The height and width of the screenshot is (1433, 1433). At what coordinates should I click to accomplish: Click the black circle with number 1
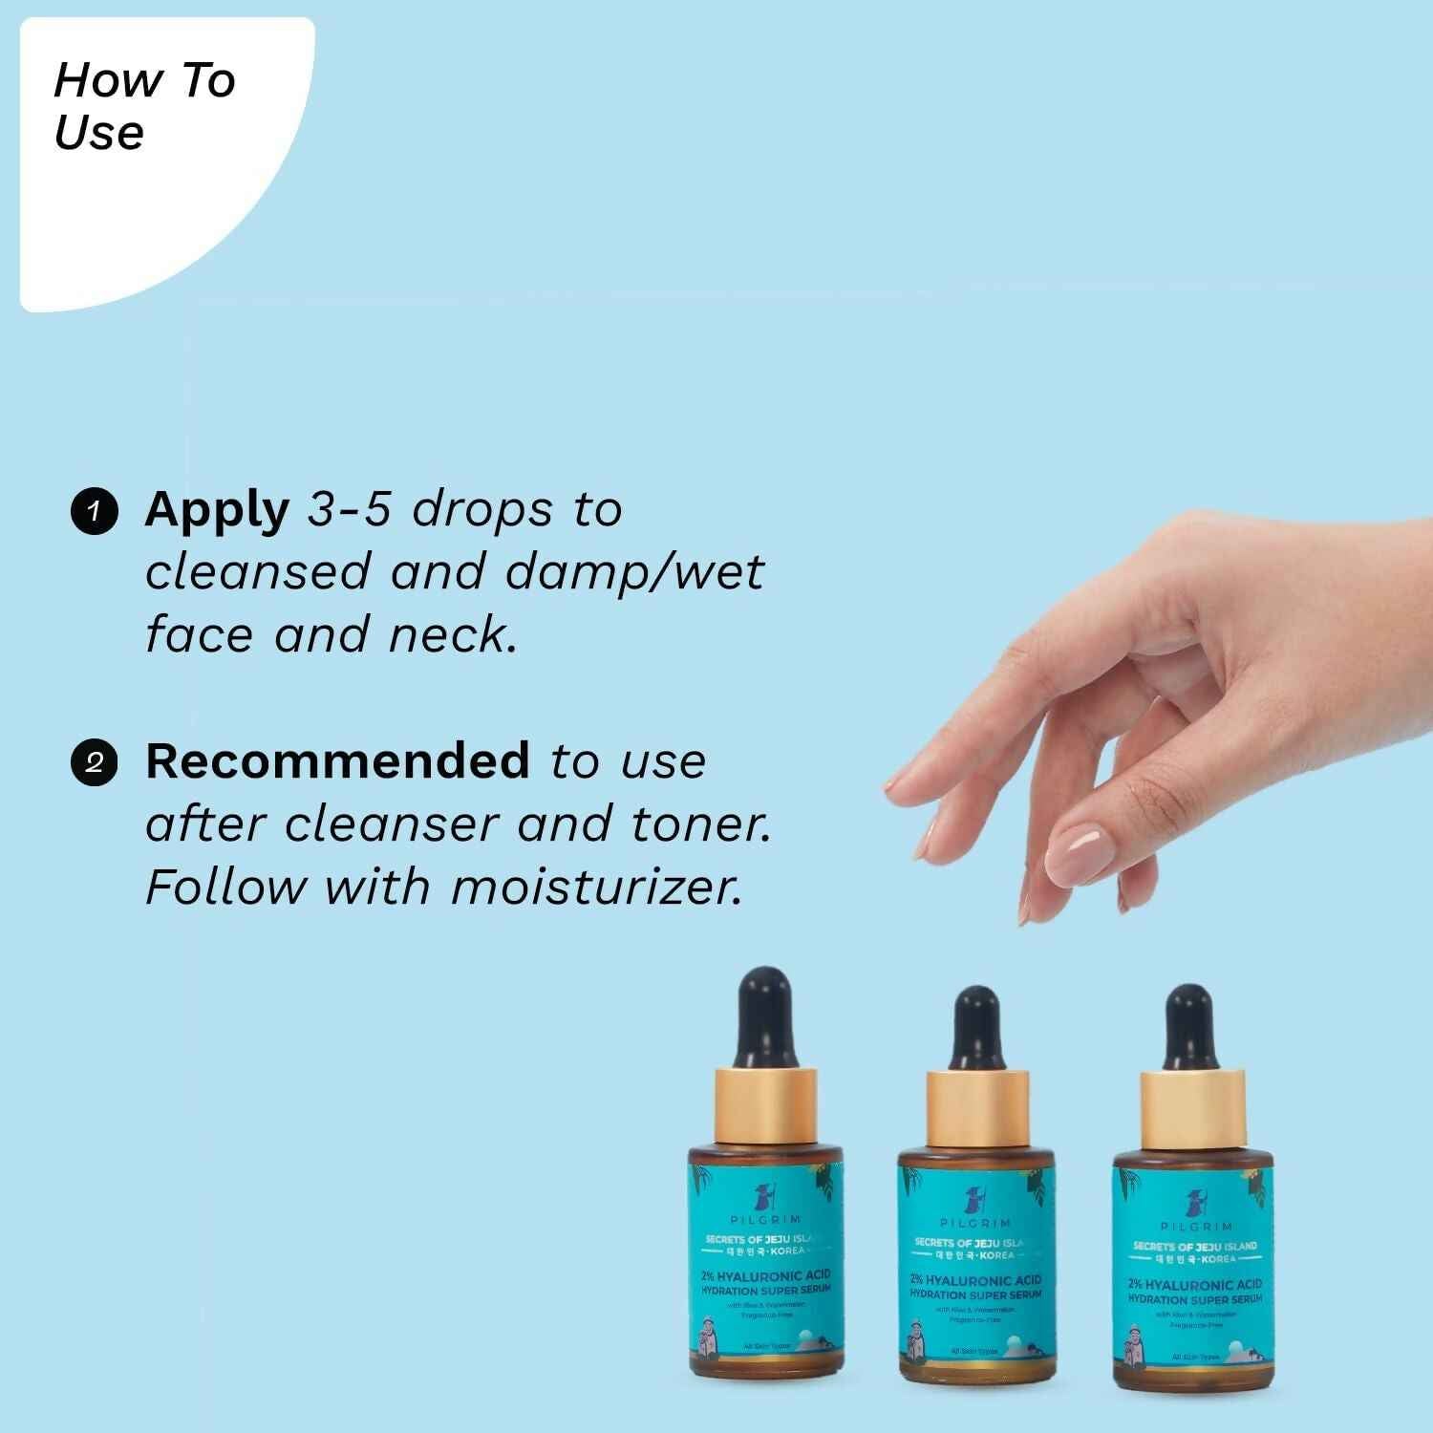94,512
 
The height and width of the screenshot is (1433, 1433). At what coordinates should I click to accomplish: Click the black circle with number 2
94,763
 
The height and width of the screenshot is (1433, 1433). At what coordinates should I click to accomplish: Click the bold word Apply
217,510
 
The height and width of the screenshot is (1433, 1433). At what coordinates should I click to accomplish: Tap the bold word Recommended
337,761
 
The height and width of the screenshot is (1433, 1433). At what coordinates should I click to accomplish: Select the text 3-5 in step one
349,510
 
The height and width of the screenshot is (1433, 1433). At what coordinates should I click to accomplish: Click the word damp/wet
634,572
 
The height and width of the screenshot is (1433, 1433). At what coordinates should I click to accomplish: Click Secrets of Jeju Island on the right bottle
1194,1246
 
